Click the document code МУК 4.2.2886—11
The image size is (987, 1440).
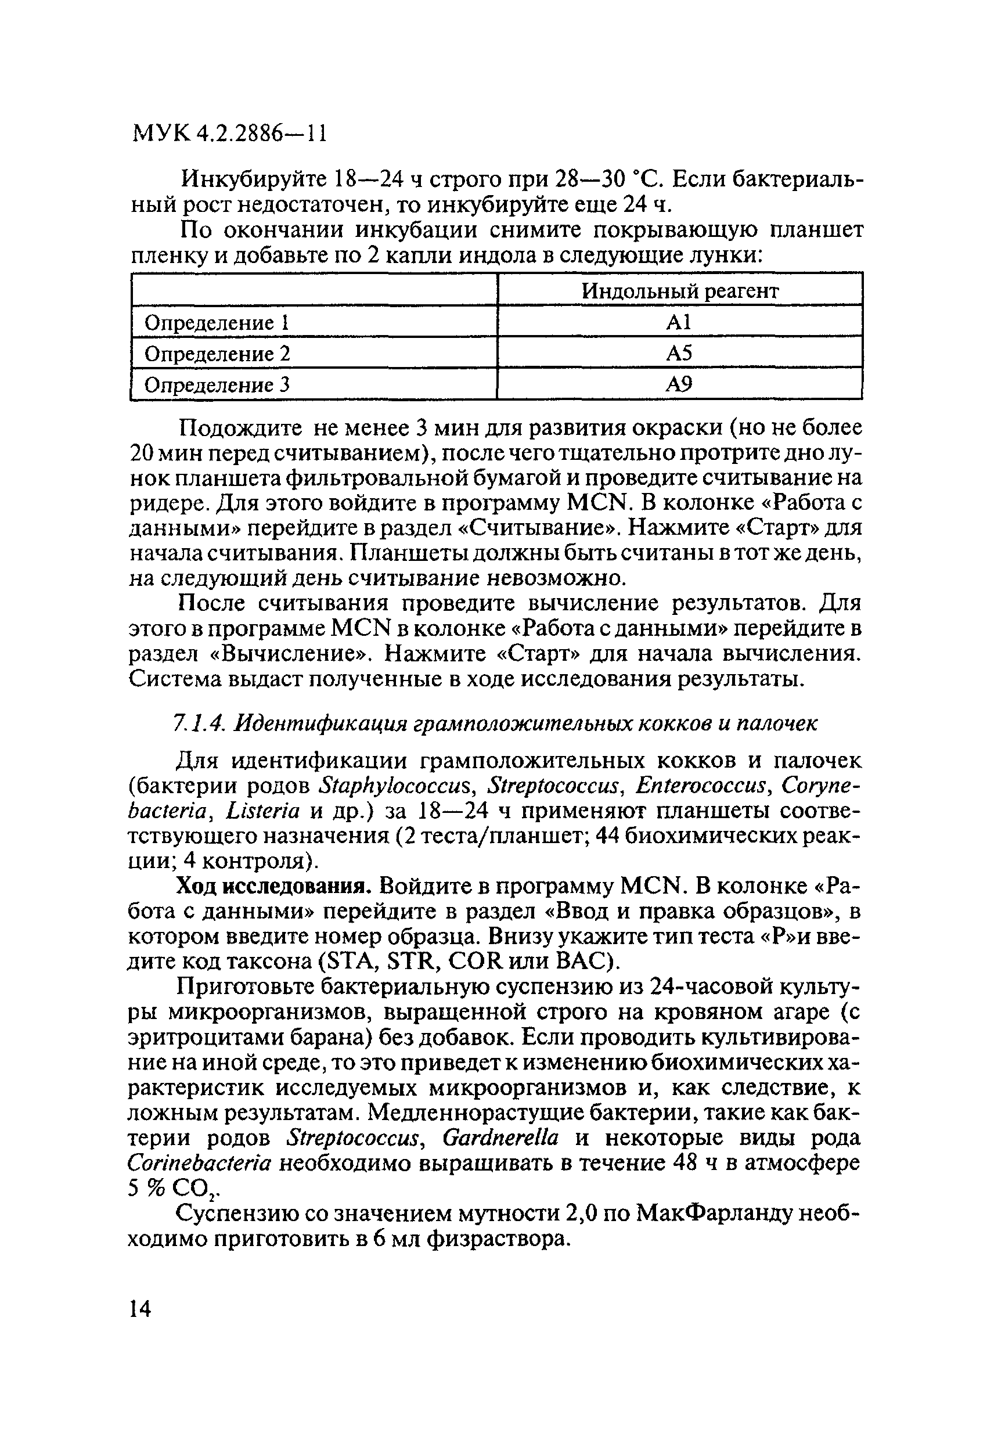click(x=229, y=134)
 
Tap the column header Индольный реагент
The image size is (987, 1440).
click(x=680, y=290)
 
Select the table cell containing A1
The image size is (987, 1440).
click(x=680, y=322)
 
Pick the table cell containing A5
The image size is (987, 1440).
click(x=680, y=353)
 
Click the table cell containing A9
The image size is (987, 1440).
click(x=680, y=385)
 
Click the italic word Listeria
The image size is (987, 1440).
click(x=264, y=811)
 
